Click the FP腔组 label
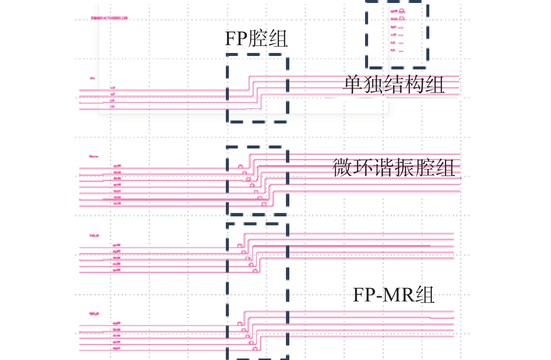(x=256, y=39)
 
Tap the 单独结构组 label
(x=393, y=85)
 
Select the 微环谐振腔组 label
(x=393, y=168)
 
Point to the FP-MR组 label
(x=393, y=295)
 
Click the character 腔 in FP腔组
(x=258, y=39)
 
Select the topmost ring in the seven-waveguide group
(x=241, y=167)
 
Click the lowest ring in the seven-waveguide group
(x=264, y=204)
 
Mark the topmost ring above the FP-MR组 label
(x=240, y=245)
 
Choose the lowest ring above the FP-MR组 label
(x=256, y=270)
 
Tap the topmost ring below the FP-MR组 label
(x=240, y=323)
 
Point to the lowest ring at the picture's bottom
(x=255, y=349)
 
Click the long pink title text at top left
(x=109, y=18)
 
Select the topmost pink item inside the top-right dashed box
(x=398, y=11)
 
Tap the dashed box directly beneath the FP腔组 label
(x=257, y=88)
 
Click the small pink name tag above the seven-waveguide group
(x=93, y=156)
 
